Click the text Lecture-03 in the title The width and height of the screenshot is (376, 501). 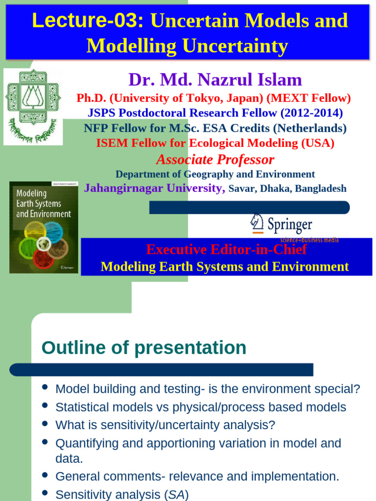click(88, 21)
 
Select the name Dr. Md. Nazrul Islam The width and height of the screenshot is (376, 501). click(215, 79)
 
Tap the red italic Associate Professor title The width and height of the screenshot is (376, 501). click(215, 159)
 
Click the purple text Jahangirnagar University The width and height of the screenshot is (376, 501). click(154, 188)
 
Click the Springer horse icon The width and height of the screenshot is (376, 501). click(257, 223)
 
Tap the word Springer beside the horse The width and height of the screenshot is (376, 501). click(289, 225)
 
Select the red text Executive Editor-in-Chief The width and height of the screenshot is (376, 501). click(226, 250)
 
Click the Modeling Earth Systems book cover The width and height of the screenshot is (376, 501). click(44, 227)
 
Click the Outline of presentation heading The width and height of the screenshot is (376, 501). click(144, 348)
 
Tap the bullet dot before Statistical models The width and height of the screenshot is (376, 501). click(45, 405)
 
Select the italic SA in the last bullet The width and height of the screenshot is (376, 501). click(177, 495)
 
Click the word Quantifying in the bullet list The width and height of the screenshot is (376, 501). click(83, 444)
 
